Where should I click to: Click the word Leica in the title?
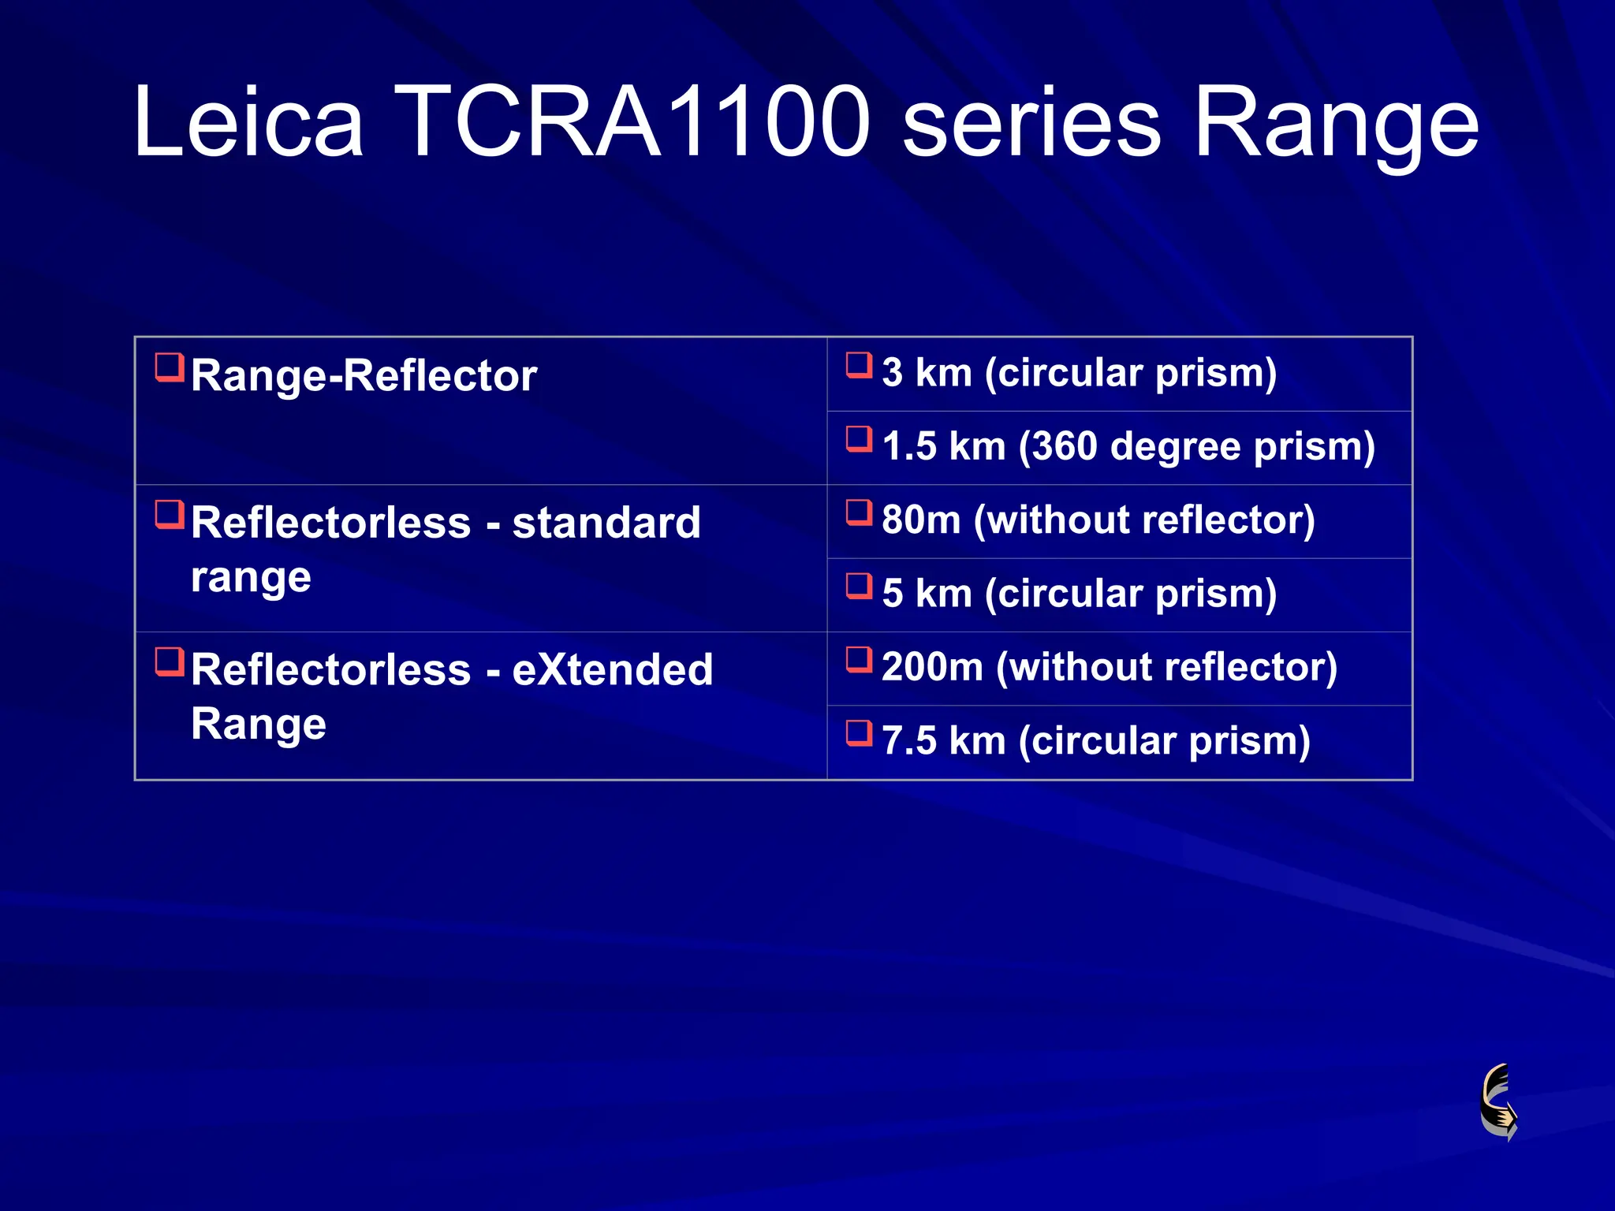pyautogui.click(x=248, y=122)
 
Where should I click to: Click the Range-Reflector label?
pyautogui.click(x=364, y=375)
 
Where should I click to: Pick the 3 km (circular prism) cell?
pyautogui.click(x=1078, y=372)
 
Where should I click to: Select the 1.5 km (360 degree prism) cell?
pyautogui.click(x=1128, y=446)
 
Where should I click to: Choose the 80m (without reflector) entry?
pyautogui.click(x=1098, y=520)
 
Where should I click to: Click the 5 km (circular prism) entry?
pyautogui.click(x=1078, y=593)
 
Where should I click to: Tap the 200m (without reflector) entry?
pyautogui.click(x=1109, y=667)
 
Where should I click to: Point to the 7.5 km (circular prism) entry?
pyautogui.click(x=1095, y=741)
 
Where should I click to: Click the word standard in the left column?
pyautogui.click(x=606, y=523)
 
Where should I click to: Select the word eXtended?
pyautogui.click(x=612, y=670)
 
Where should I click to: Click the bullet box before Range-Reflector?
pyautogui.click(x=169, y=367)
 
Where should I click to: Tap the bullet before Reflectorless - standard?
pyautogui.click(x=169, y=515)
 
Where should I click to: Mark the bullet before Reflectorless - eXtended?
pyautogui.click(x=169, y=662)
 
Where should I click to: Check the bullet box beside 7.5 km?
pyautogui.click(x=859, y=733)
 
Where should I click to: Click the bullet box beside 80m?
pyautogui.click(x=859, y=512)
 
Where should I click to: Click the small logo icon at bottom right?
pyautogui.click(x=1499, y=1101)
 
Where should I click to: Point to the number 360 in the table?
pyautogui.click(x=1065, y=446)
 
